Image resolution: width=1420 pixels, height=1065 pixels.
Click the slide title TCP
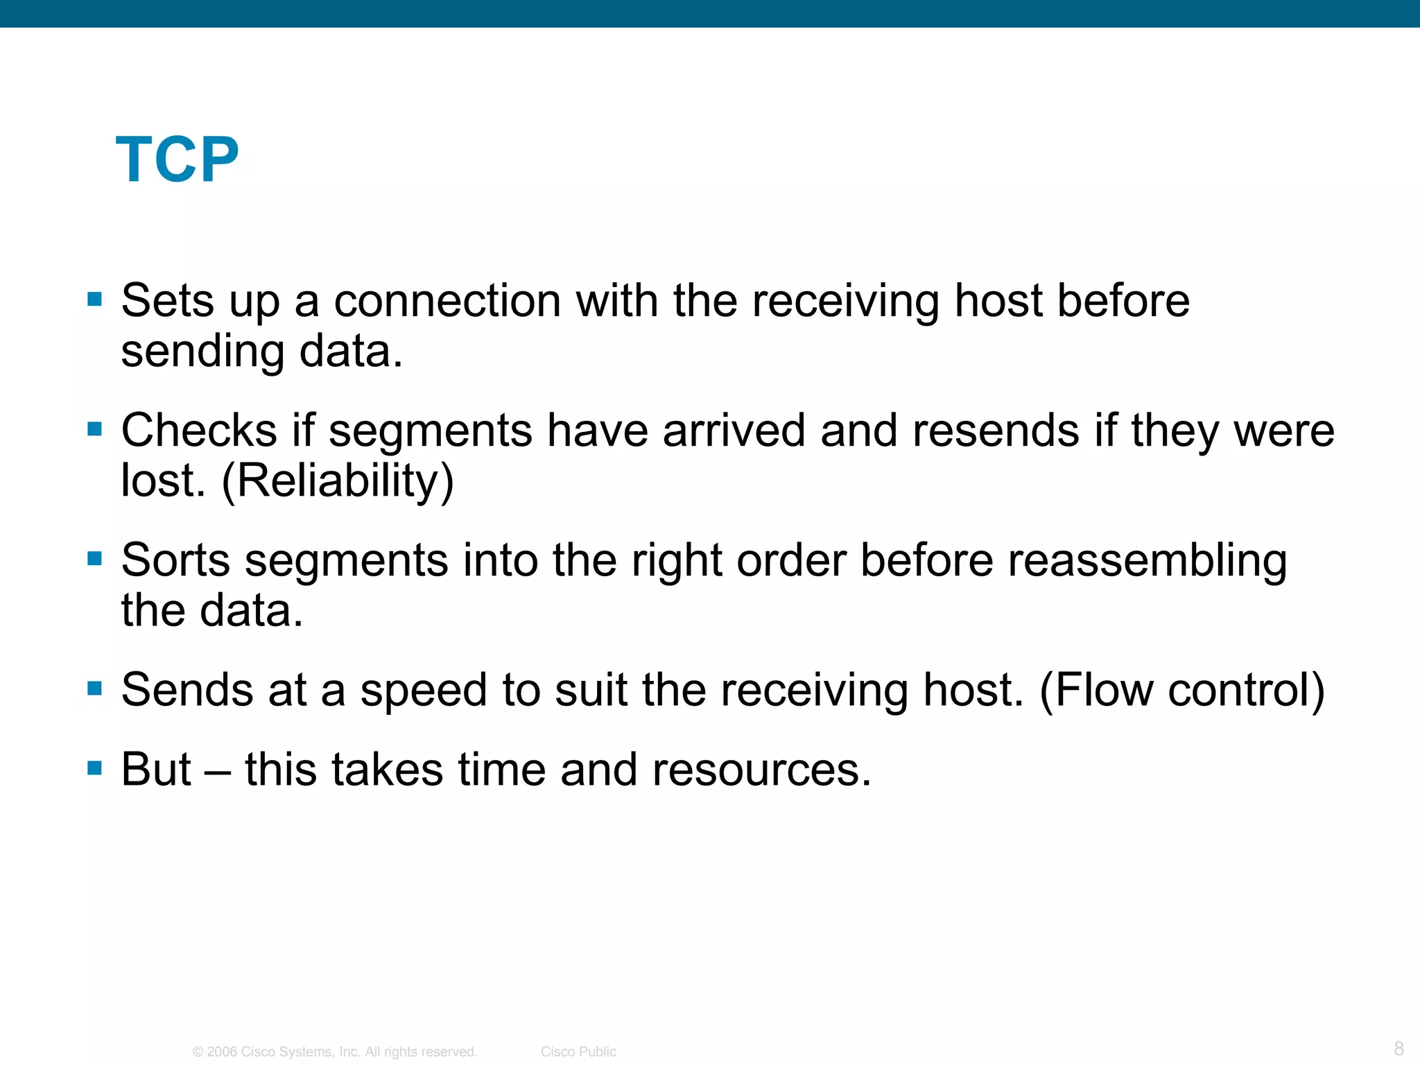(177, 160)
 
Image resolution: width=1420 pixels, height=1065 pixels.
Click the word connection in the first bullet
(447, 302)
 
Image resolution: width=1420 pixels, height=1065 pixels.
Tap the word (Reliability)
(338, 480)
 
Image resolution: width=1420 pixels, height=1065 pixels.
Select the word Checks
(199, 431)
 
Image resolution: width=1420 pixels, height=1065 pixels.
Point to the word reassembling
(1147, 561)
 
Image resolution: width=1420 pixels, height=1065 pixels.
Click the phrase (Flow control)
(1181, 691)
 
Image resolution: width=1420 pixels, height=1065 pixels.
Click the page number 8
(1399, 1048)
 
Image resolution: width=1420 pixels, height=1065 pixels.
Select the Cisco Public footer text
(578, 1052)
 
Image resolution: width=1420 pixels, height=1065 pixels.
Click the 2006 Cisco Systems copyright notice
(335, 1052)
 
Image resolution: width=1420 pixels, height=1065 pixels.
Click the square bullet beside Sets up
(95, 300)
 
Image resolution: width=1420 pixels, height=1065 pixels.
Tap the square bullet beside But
(95, 768)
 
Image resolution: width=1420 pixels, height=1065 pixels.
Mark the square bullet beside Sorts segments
(95, 558)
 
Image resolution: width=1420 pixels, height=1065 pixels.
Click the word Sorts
(175, 560)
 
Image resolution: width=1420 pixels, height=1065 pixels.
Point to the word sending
(202, 352)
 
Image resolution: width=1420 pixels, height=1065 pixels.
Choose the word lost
(162, 480)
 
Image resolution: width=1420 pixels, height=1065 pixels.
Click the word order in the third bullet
(790, 560)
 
